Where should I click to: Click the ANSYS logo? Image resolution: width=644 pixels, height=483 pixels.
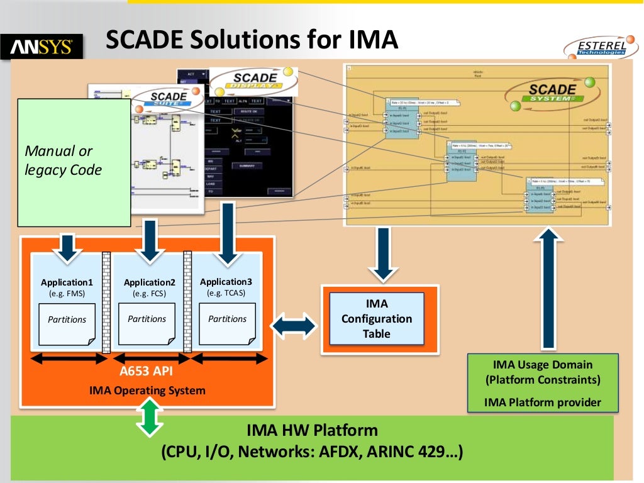pyautogui.click(x=42, y=47)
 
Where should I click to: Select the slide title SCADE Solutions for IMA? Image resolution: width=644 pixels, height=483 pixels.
pyautogui.click(x=252, y=40)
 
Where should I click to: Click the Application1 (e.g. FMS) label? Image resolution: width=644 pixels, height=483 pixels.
pyautogui.click(x=67, y=287)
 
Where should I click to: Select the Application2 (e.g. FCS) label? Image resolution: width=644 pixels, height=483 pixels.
pyautogui.click(x=149, y=287)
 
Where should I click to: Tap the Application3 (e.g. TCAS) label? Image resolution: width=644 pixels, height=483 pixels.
pyautogui.click(x=226, y=287)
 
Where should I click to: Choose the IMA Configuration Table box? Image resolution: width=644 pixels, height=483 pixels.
pyautogui.click(x=377, y=319)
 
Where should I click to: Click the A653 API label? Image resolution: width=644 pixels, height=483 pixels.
pyautogui.click(x=147, y=370)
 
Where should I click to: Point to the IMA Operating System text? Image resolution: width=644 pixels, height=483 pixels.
pyautogui.click(x=147, y=391)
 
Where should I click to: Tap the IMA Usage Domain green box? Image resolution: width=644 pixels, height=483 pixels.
pyautogui.click(x=543, y=382)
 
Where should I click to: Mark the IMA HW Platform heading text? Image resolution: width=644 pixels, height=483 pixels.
pyautogui.click(x=312, y=431)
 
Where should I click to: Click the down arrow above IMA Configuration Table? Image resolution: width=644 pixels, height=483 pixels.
pyautogui.click(x=382, y=254)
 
